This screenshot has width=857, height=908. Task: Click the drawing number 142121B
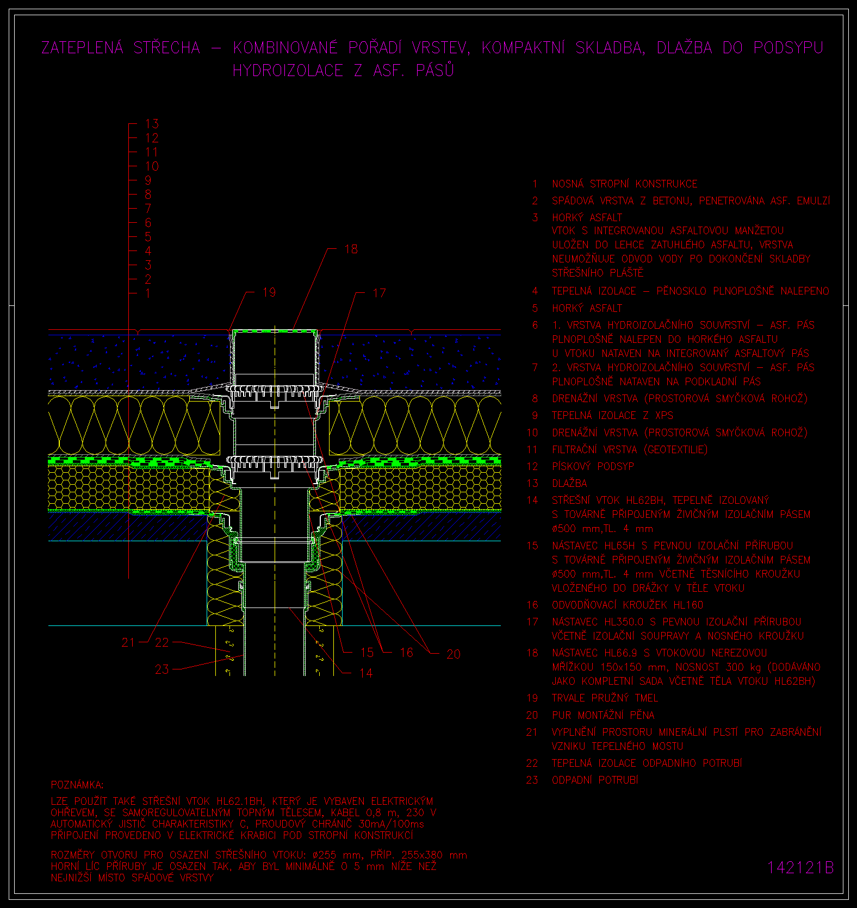click(800, 868)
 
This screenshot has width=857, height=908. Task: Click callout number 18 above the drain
click(351, 249)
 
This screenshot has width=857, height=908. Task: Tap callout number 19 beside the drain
click(269, 292)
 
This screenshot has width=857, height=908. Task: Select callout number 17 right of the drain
click(379, 293)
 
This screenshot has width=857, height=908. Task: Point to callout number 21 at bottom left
click(128, 642)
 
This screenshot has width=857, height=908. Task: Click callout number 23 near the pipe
click(162, 669)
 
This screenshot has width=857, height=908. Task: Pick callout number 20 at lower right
click(454, 654)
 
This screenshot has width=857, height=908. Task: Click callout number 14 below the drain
click(366, 673)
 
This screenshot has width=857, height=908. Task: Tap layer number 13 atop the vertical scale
click(152, 124)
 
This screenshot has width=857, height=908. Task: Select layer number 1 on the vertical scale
click(148, 293)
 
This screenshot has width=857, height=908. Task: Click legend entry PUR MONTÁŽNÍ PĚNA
click(603, 715)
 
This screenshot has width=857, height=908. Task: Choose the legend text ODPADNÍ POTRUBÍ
click(595, 780)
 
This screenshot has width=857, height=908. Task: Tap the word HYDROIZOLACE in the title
click(288, 71)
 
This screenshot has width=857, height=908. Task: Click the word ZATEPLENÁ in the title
click(83, 48)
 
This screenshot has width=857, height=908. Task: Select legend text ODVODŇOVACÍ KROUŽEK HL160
click(628, 605)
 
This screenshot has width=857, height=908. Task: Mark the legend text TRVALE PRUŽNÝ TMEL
click(605, 698)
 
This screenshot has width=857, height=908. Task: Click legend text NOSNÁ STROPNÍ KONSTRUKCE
click(624, 184)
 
